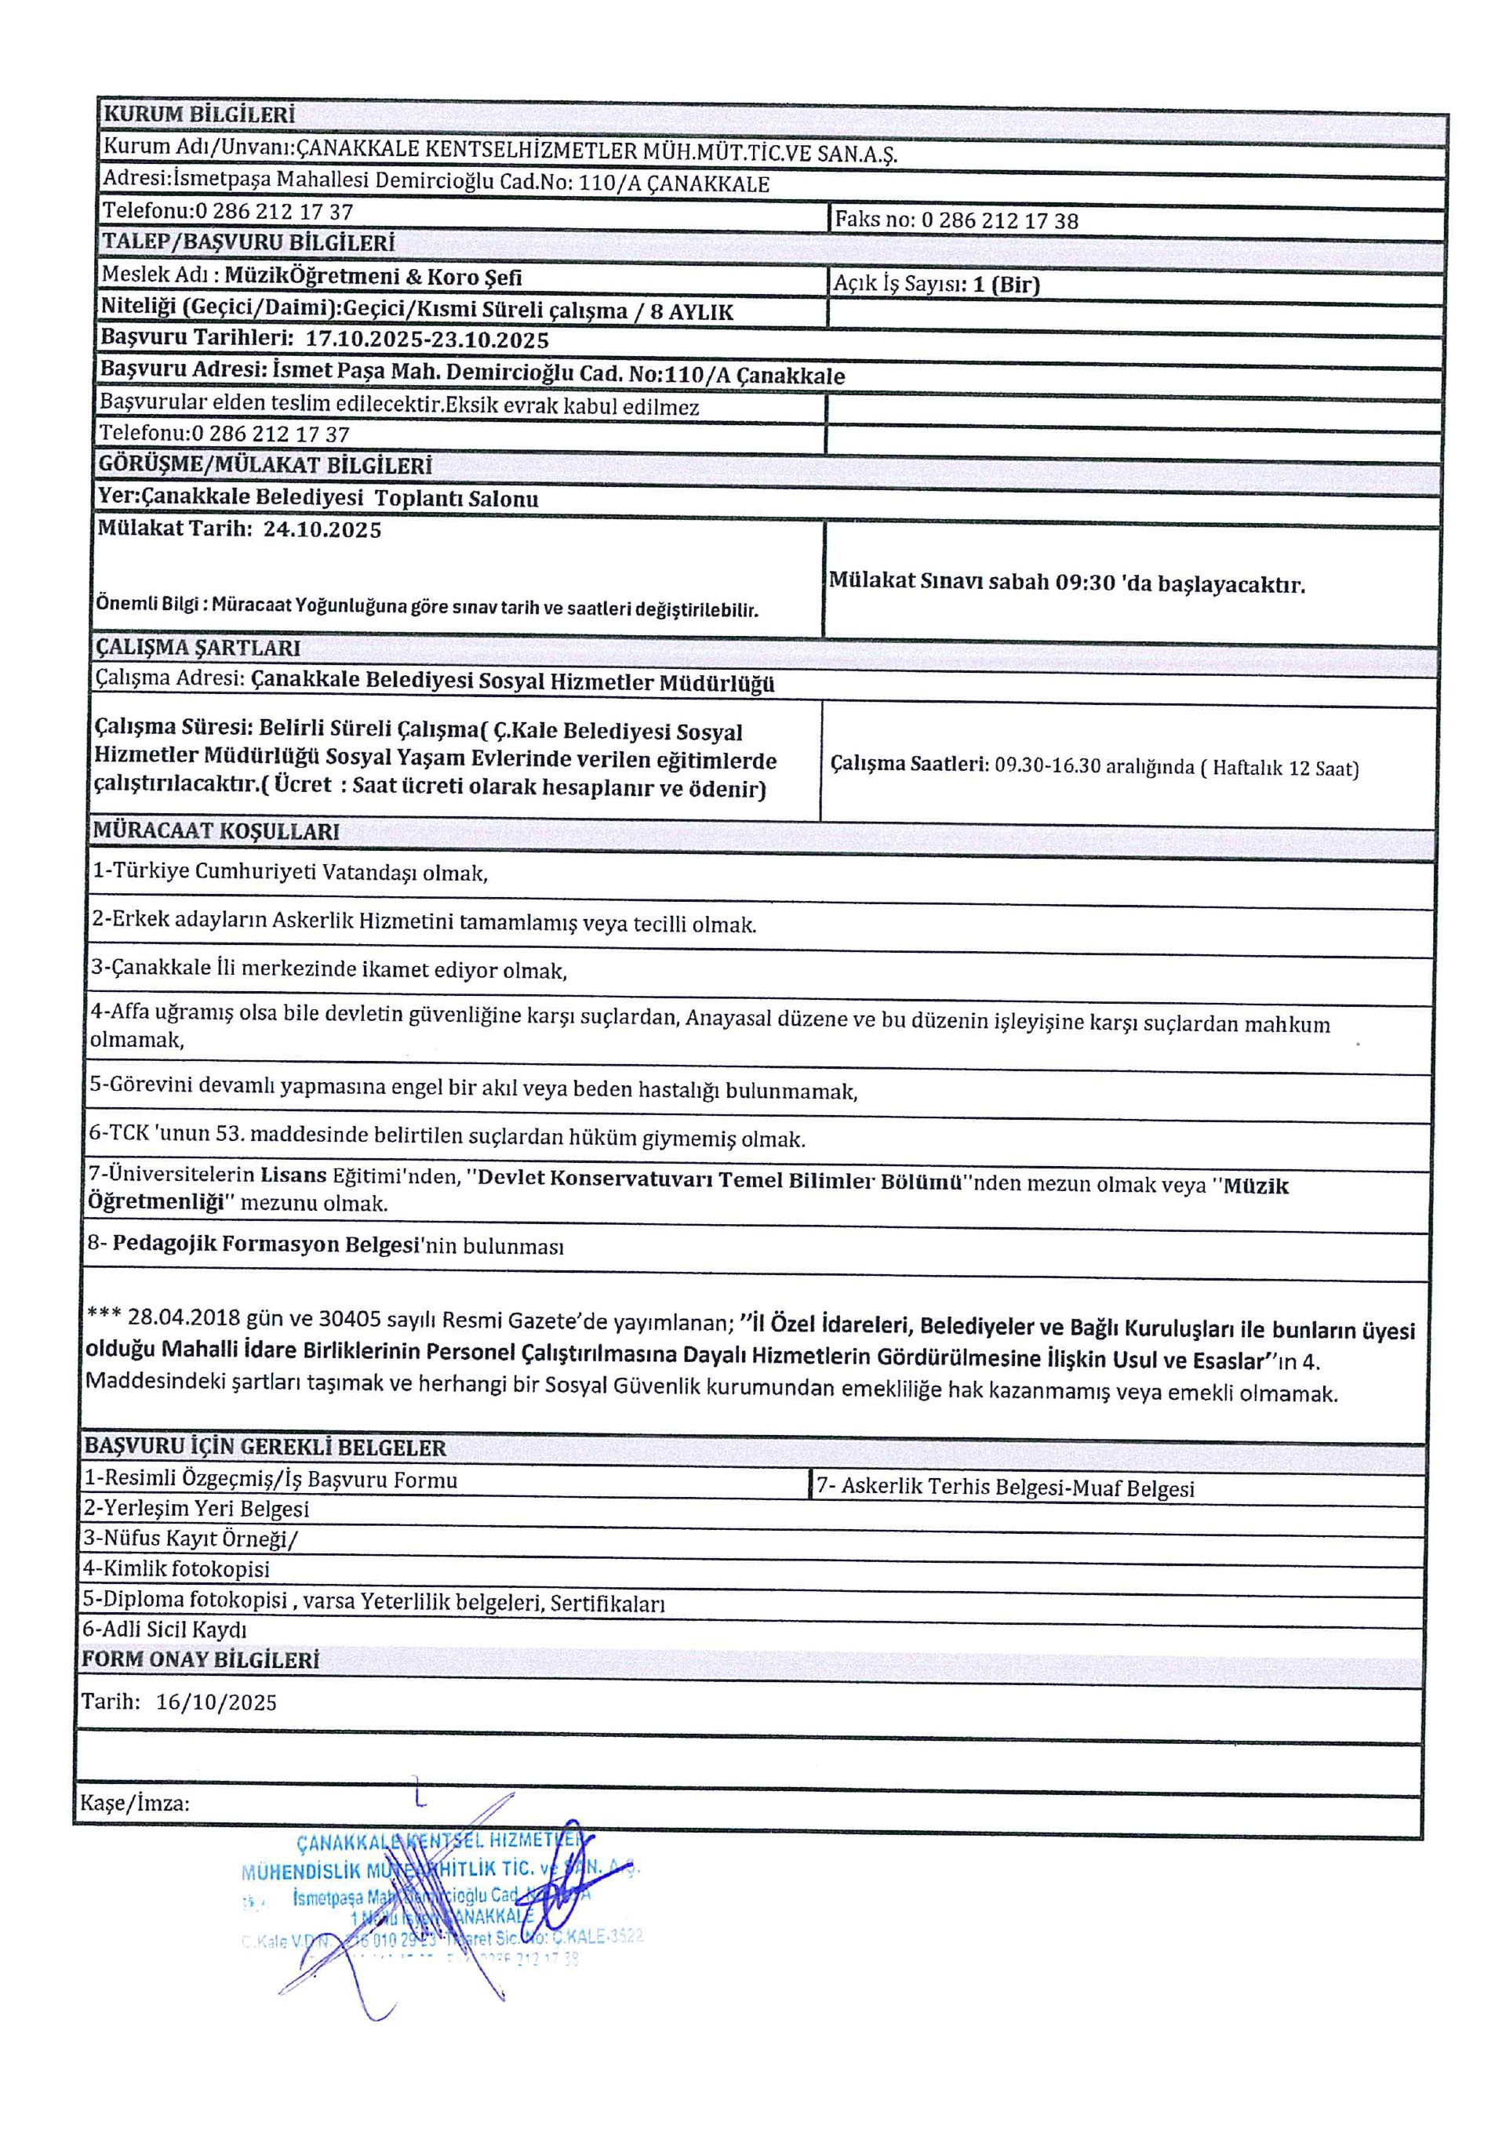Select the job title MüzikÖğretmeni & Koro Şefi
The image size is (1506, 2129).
click(373, 276)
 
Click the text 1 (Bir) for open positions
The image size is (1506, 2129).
click(1006, 285)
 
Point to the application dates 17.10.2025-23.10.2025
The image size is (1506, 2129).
click(427, 340)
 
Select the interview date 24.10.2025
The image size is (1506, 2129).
click(322, 530)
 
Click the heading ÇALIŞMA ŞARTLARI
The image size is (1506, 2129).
click(198, 647)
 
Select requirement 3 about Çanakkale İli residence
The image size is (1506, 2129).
click(329, 970)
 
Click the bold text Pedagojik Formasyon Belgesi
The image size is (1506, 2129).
click(267, 1244)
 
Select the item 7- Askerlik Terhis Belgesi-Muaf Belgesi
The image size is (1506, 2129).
click(1006, 1488)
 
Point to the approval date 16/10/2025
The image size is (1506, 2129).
click(216, 1702)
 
